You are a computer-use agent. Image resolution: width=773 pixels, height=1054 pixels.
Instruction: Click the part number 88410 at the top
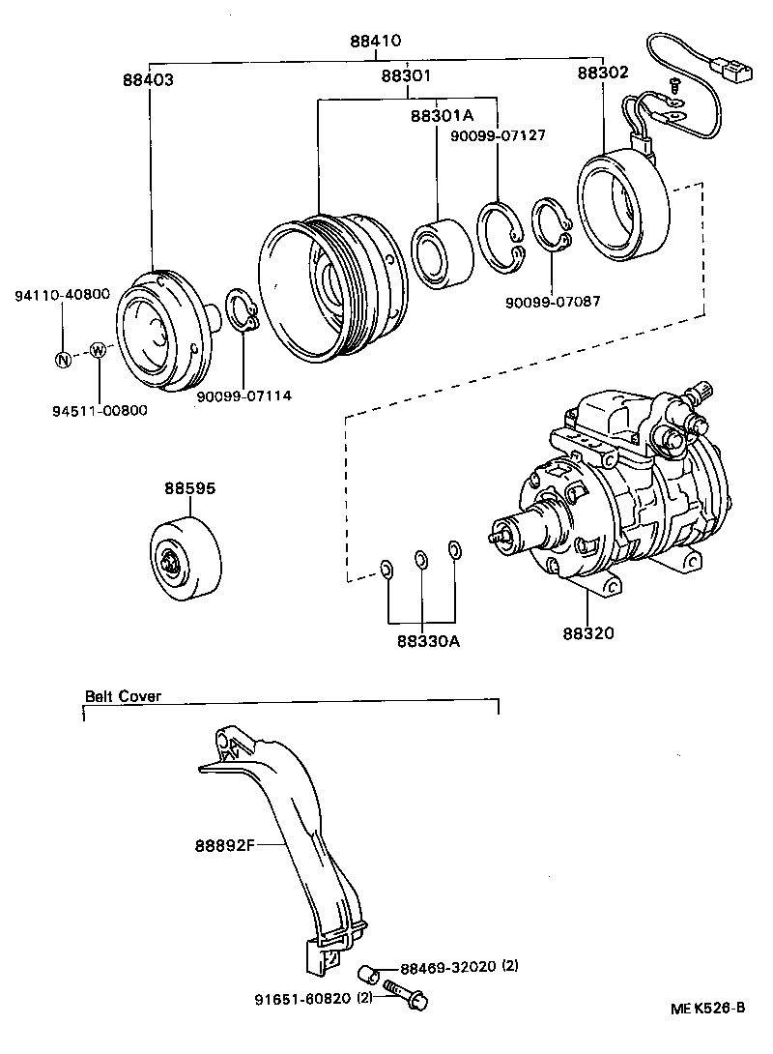coord(375,42)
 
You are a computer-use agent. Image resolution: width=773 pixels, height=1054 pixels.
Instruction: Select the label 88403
coord(148,81)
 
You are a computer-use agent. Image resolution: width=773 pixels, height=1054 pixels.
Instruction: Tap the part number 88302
coord(602,73)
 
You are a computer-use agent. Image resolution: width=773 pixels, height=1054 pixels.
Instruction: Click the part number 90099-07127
coord(498,135)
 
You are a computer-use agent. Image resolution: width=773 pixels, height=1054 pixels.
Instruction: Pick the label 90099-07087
coord(552,301)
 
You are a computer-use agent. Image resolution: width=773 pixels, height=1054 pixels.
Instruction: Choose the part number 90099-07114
coord(243,395)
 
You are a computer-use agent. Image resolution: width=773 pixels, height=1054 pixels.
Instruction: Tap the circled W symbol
coord(97,350)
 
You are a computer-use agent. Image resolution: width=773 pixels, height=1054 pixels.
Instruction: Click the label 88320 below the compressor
coord(587,633)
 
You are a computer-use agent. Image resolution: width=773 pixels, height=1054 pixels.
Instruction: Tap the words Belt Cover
coord(123,695)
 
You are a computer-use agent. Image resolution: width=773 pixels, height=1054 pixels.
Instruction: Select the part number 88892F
coord(223,844)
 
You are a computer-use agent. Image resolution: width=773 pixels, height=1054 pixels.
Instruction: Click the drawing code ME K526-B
coord(708,1008)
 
